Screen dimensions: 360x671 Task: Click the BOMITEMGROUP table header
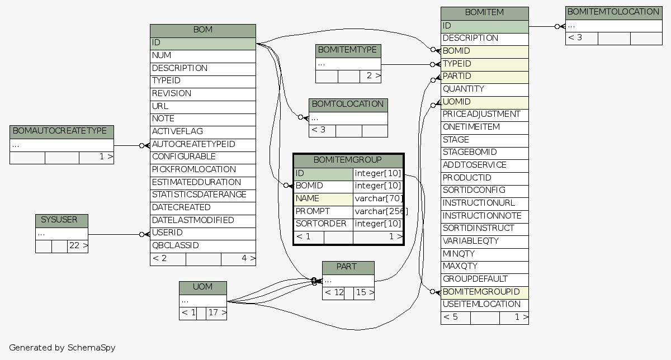click(348, 160)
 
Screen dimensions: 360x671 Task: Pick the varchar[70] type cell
click(377, 198)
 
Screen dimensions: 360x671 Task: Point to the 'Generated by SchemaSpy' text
click(62, 348)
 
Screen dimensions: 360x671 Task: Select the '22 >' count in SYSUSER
click(78, 246)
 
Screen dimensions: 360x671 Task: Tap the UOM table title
click(202, 287)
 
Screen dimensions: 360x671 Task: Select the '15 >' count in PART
click(364, 292)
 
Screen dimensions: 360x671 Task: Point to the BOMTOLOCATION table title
click(348, 105)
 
